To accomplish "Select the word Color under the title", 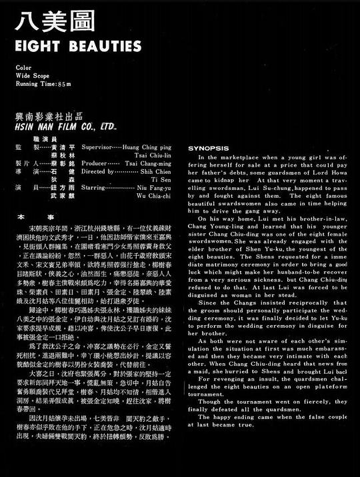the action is tap(23, 67).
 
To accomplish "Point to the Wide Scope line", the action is tap(32, 75).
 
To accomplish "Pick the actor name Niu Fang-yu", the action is tap(153, 189).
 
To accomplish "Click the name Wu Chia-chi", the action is tap(155, 197).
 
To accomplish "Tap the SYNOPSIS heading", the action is tap(208, 148).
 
